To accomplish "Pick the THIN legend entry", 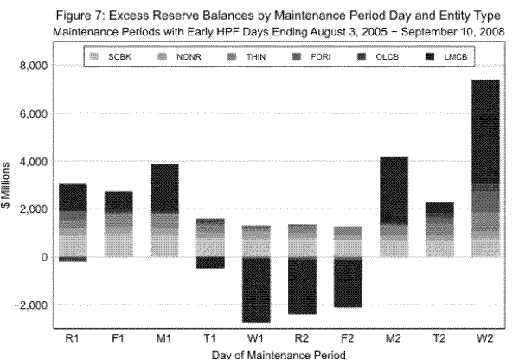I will pos(247,55).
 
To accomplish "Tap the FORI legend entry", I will pos(311,55).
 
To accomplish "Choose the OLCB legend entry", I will pos(374,55).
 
